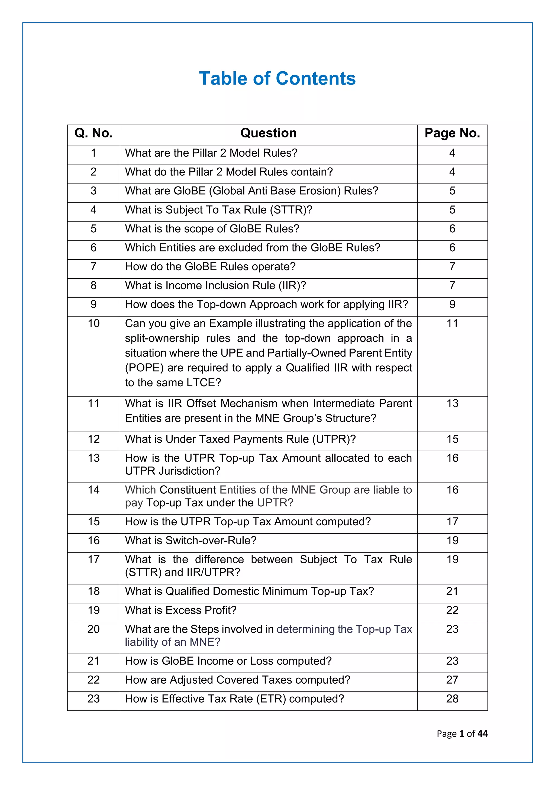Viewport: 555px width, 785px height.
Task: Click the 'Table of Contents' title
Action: click(x=277, y=79)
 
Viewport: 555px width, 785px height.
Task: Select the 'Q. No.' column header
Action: click(x=94, y=133)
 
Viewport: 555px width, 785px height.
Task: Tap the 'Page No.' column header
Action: click(x=452, y=133)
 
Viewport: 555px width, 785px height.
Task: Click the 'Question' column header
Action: click(x=268, y=133)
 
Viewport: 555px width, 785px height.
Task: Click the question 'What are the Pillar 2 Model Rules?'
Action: click(x=211, y=153)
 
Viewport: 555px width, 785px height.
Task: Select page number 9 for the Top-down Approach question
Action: click(x=452, y=304)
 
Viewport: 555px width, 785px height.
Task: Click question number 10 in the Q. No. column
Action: click(x=94, y=323)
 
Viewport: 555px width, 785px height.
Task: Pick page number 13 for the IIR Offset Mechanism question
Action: click(x=452, y=403)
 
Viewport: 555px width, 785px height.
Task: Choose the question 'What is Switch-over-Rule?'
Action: click(x=191, y=541)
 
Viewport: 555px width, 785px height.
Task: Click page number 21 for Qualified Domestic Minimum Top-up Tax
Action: click(x=452, y=591)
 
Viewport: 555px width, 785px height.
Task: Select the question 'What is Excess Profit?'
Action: click(x=181, y=610)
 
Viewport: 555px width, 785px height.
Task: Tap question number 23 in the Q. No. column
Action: click(x=94, y=699)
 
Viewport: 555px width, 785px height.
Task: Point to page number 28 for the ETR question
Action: click(x=452, y=699)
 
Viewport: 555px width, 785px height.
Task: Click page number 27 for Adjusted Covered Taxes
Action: click(x=452, y=680)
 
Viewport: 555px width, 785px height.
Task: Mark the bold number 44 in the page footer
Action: click(x=483, y=734)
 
